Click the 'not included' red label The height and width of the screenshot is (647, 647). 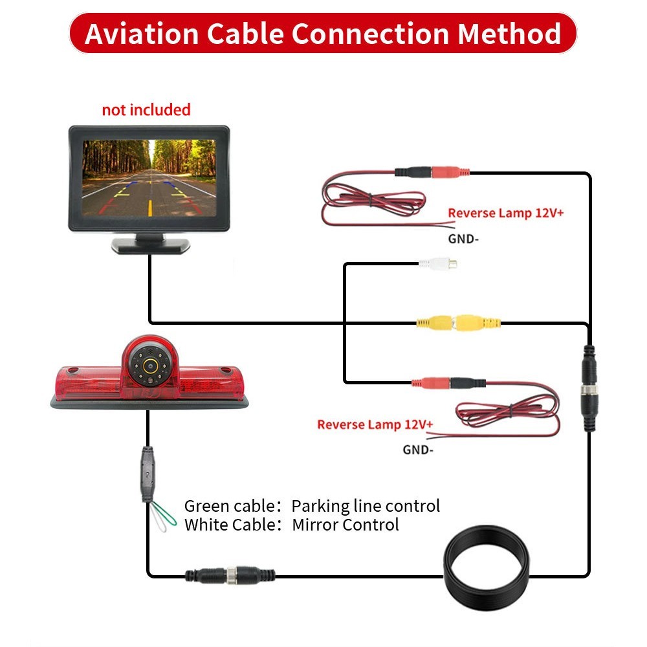click(146, 109)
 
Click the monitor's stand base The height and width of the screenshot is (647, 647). click(150, 245)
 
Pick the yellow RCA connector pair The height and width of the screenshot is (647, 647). click(458, 322)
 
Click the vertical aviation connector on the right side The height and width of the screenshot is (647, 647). click(589, 388)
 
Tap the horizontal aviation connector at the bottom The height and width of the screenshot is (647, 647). click(230, 573)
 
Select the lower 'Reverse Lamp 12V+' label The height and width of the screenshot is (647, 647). click(375, 424)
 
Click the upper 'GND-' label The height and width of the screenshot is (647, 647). click(463, 238)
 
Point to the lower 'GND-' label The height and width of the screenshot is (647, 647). click(418, 450)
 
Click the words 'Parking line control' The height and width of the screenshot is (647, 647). click(366, 505)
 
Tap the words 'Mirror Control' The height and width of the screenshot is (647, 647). click(345, 524)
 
